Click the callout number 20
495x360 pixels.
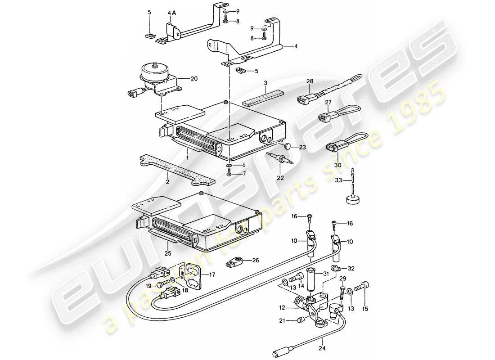click(x=194, y=78)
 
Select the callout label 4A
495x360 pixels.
click(x=172, y=14)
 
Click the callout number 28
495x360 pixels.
click(x=310, y=81)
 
